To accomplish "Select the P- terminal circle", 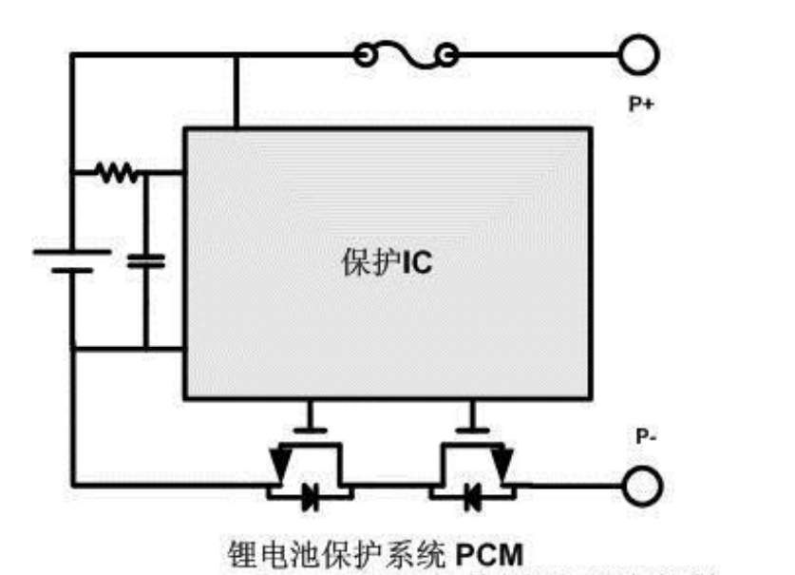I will coord(641,486).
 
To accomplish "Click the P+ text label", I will coord(640,105).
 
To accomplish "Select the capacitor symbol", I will coord(146,259).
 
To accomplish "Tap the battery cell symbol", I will coord(72,259).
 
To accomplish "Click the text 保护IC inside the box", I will coord(386,261).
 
